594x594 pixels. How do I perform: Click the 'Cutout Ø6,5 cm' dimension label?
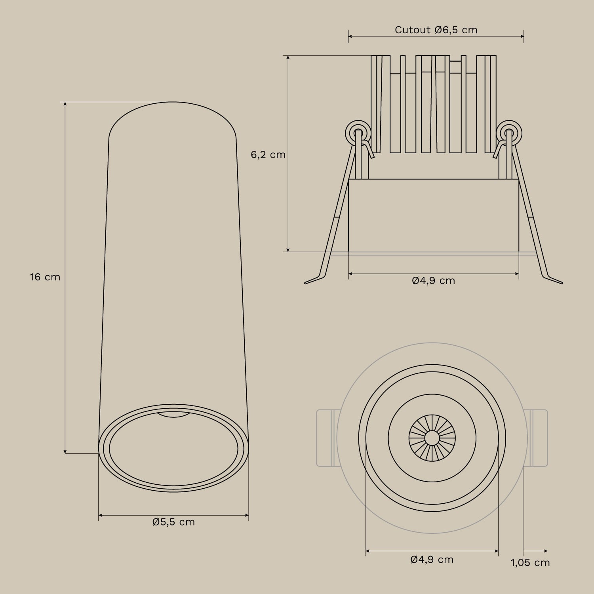436,30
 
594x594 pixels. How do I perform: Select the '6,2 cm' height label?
268,155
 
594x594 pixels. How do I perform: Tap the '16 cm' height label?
45,277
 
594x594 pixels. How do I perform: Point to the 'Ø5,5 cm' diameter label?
173,522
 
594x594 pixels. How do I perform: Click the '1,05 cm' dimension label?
530,563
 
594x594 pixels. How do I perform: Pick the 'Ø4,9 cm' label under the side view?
433,281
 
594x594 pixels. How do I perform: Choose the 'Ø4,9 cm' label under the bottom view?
432,560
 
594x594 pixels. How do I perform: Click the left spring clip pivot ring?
358,133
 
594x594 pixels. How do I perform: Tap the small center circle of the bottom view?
432,438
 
